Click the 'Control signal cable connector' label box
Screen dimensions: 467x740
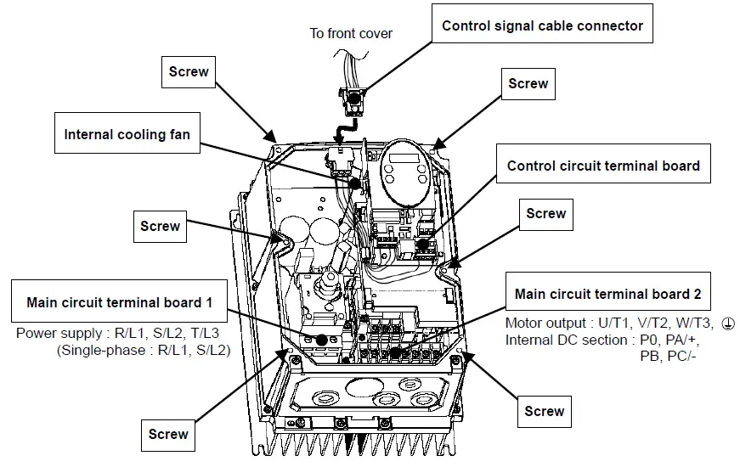coord(542,25)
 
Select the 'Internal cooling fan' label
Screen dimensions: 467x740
coord(127,134)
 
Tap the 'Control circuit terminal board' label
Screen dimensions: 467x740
coord(603,166)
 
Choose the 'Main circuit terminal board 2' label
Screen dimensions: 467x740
coord(607,294)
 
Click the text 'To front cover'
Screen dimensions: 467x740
coord(350,34)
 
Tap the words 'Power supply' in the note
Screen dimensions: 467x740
coord(54,333)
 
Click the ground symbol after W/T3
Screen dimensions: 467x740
coord(726,324)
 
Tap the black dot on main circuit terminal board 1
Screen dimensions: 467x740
coord(322,340)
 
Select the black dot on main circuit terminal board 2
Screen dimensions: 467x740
coord(395,349)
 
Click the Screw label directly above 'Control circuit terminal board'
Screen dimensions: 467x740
coord(528,83)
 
